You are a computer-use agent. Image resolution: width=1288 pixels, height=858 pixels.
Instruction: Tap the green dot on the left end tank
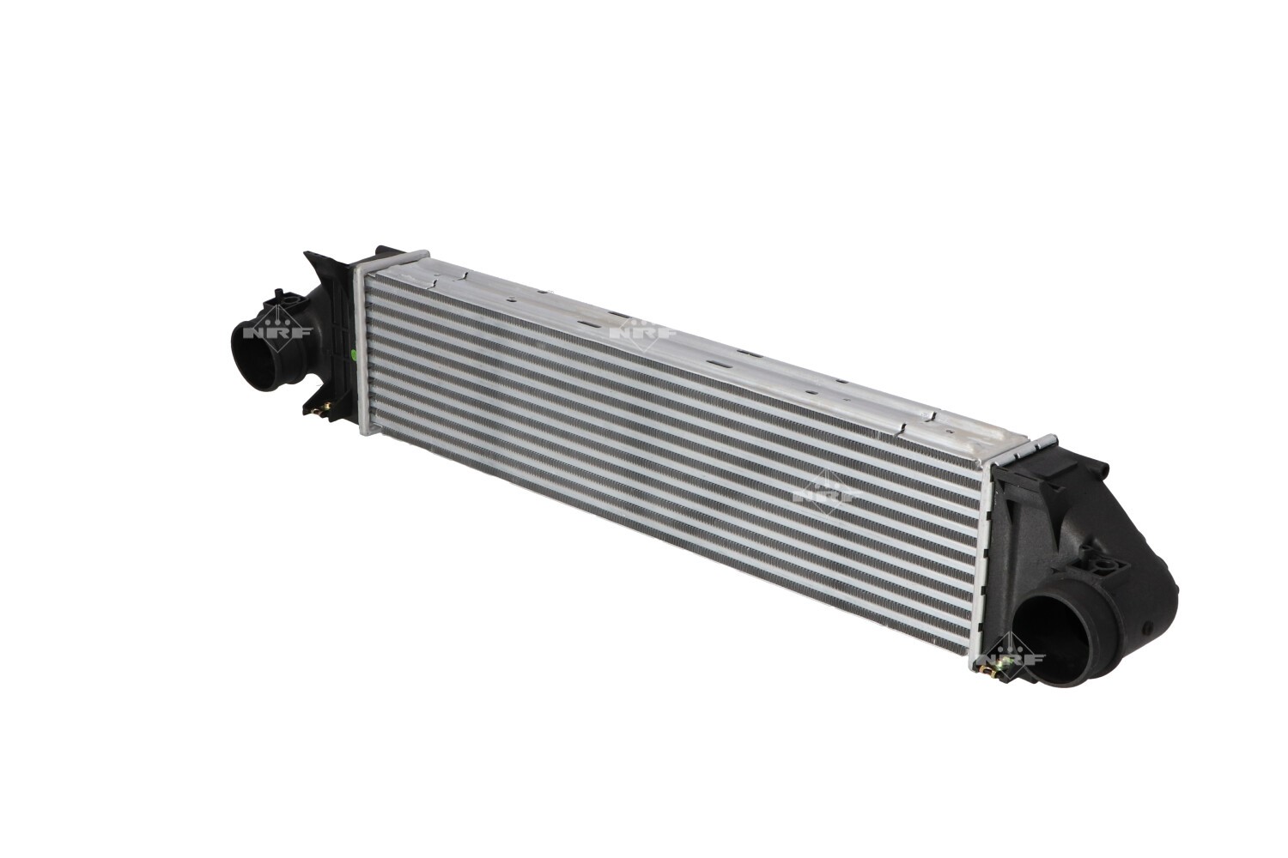[x=354, y=353]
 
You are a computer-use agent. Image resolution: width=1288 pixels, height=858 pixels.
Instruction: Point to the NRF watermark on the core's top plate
[x=643, y=331]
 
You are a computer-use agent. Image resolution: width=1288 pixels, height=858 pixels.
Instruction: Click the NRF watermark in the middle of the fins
[x=826, y=493]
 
